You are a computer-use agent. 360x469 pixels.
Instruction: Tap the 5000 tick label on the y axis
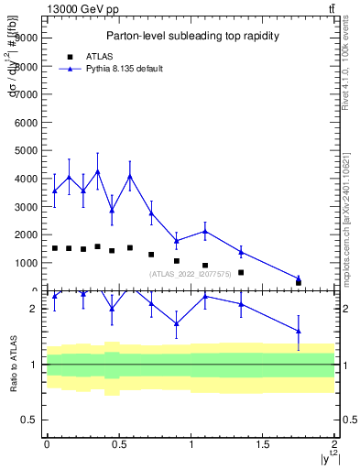25,150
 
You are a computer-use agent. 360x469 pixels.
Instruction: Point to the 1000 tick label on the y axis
25,263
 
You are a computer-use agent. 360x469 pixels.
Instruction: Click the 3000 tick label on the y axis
25,207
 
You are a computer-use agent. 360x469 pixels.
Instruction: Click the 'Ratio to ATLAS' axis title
12,364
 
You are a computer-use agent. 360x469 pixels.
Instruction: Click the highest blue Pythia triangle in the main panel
97,171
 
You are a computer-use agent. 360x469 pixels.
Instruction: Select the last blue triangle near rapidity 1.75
299,278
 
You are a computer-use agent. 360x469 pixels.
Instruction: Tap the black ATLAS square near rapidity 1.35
241,272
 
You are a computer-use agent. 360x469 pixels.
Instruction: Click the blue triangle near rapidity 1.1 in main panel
205,231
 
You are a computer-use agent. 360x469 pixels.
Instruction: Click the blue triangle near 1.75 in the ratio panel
299,331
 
